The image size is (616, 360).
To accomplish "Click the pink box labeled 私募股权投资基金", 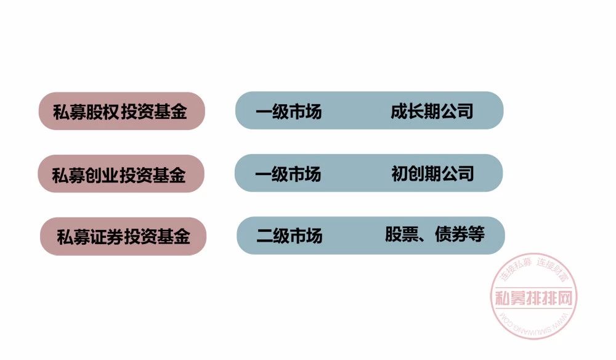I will point(121,111).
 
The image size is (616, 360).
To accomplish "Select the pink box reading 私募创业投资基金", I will point(120,174).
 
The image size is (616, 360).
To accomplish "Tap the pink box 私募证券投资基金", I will point(123,236).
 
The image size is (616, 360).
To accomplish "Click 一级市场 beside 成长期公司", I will point(288,112).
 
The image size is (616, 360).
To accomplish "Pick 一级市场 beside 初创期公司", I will point(288,174).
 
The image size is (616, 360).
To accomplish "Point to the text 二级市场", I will point(289,235).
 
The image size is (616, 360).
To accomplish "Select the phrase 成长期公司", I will point(431,111).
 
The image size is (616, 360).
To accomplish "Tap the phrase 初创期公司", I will point(432,173).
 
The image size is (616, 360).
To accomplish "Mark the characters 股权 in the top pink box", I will point(102,112).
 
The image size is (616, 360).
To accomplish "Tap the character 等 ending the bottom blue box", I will point(477,235).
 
